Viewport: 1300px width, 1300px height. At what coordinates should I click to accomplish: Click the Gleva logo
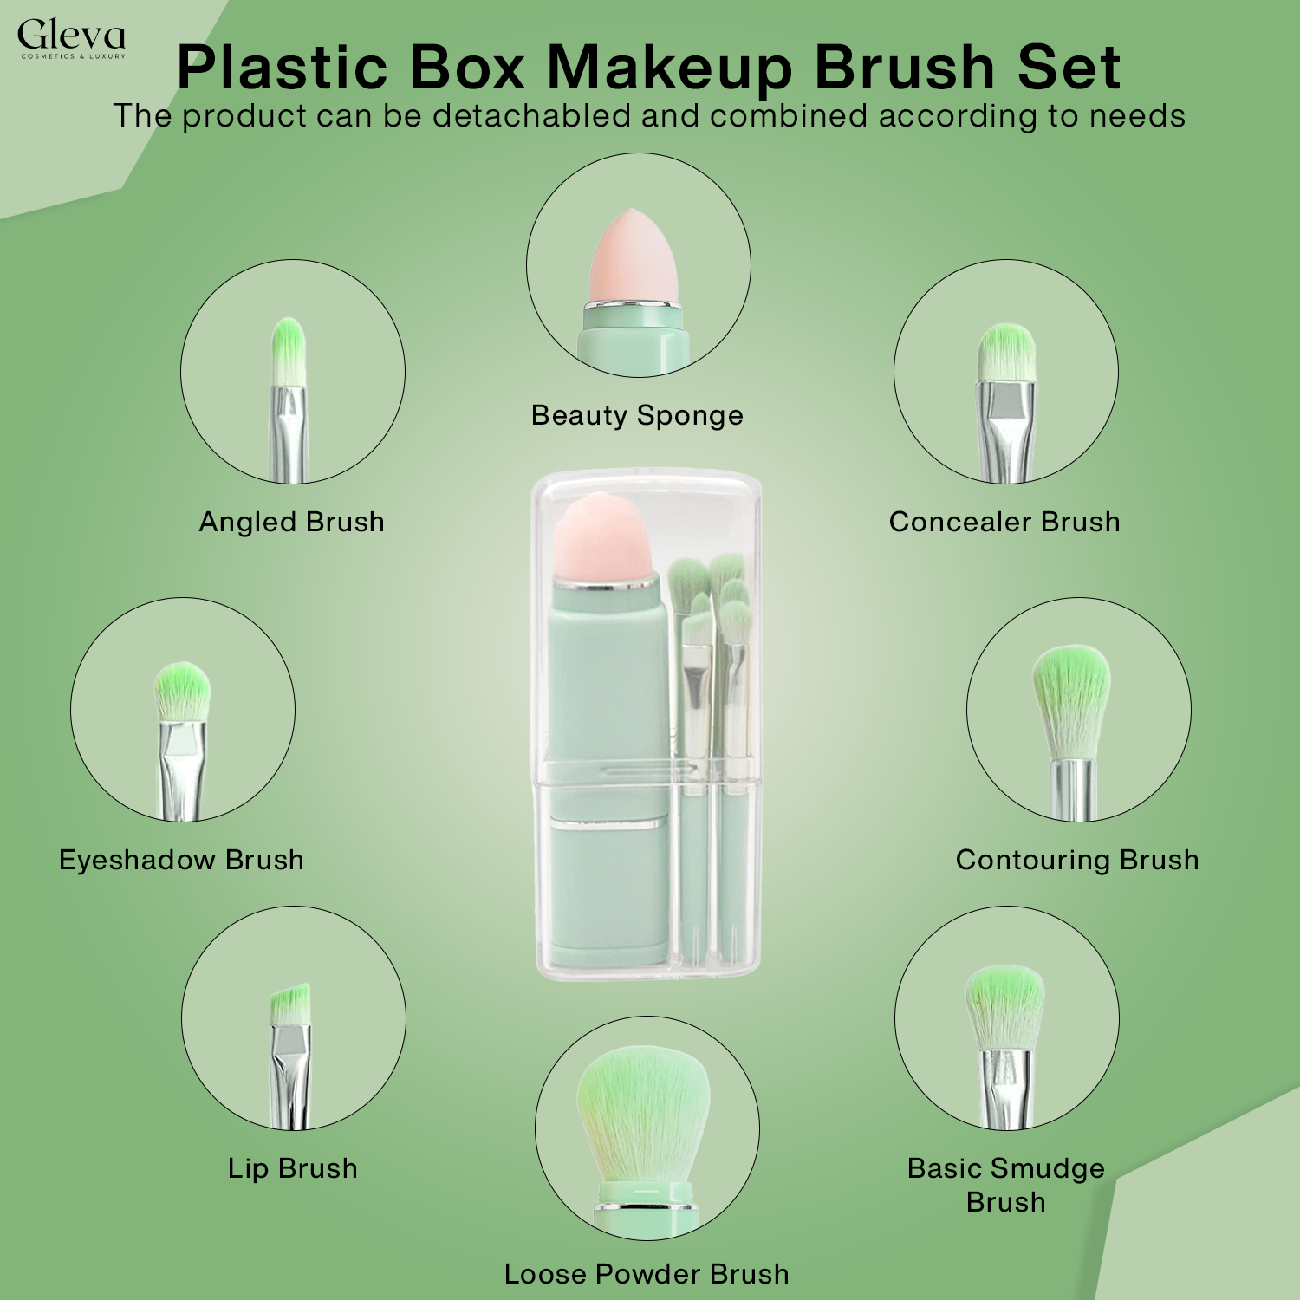[x=71, y=39]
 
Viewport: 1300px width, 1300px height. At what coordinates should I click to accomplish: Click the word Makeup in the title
[x=669, y=68]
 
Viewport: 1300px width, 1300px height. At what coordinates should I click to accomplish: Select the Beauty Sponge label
[x=637, y=415]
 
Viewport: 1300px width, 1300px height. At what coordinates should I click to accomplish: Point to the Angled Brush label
[x=291, y=522]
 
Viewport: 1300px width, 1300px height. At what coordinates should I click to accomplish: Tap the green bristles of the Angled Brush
[x=288, y=347]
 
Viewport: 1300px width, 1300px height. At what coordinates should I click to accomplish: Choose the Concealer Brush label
[x=1004, y=522]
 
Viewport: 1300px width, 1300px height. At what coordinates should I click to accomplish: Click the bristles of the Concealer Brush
[x=1007, y=351]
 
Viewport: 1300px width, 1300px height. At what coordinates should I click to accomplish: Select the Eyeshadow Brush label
[x=181, y=860]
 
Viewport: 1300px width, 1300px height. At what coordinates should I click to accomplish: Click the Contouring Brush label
[x=1077, y=860]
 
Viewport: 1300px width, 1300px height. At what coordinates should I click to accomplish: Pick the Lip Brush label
[x=292, y=1168]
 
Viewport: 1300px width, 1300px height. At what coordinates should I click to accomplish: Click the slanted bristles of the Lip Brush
[x=290, y=1005]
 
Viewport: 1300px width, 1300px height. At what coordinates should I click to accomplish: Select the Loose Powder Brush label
[x=647, y=1274]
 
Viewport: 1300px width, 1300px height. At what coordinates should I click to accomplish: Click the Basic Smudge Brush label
[x=1005, y=1185]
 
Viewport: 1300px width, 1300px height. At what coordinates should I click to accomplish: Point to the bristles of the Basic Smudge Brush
[x=1005, y=1005]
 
